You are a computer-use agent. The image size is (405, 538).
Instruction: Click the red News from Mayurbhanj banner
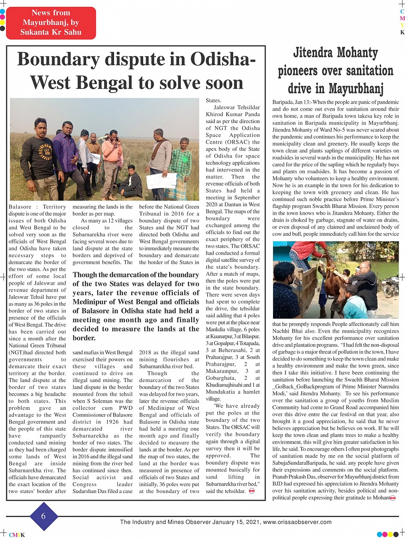point(51,23)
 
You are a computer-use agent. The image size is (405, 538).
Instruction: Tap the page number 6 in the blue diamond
point(43,516)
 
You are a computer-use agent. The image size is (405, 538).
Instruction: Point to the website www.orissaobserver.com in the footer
point(297,522)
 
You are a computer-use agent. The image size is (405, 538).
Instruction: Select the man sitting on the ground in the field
point(130,182)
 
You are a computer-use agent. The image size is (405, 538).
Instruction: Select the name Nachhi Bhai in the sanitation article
point(288,331)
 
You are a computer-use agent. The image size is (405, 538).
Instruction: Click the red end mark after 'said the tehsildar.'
point(252,491)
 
